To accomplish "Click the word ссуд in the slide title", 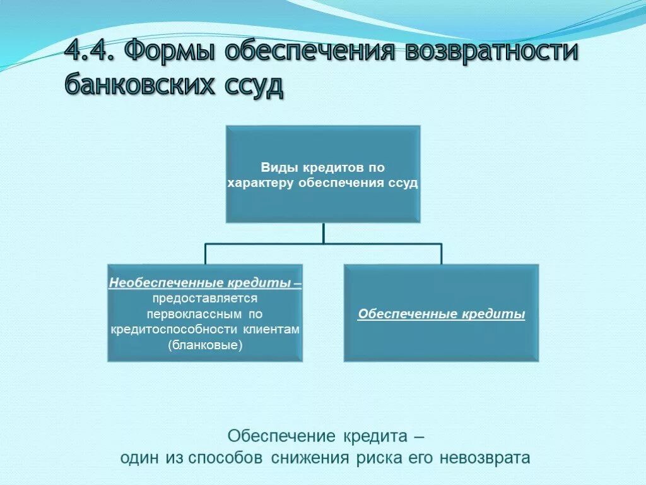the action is pos(253,85).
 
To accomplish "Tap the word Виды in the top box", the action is pos(275,168).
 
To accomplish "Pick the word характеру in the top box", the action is pos(261,183).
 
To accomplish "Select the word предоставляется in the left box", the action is pos(204,298).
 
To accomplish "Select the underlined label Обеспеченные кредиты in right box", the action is pos(441,314).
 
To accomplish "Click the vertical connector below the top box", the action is pos(323,232).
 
